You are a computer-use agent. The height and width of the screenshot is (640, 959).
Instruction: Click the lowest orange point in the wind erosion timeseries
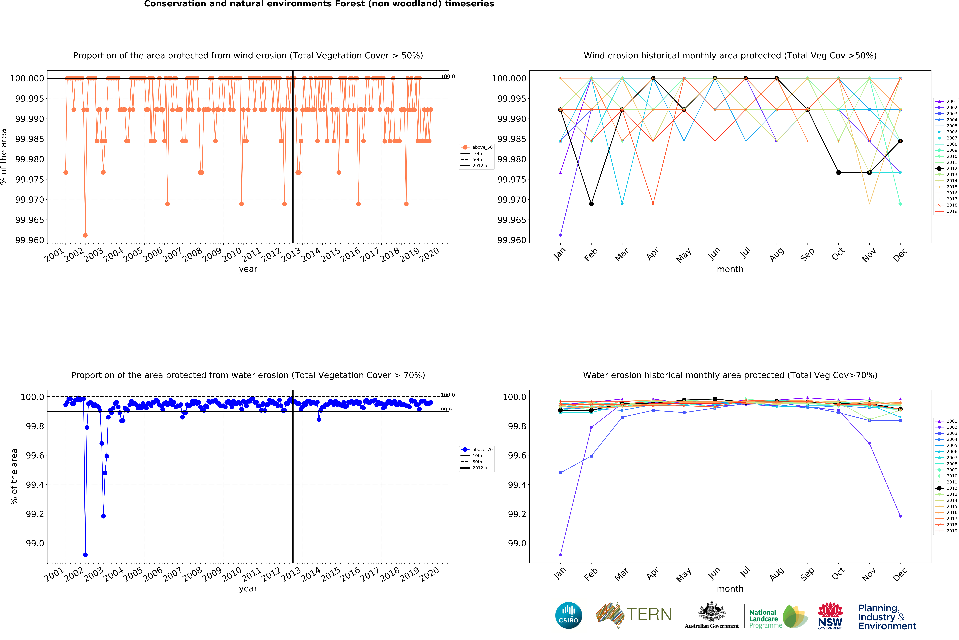[85, 235]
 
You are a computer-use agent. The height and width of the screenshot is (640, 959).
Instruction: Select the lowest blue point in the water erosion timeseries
[85, 555]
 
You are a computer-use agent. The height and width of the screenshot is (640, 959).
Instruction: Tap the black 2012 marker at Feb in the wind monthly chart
[591, 204]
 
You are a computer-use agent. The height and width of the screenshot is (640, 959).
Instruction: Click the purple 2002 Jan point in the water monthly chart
[560, 555]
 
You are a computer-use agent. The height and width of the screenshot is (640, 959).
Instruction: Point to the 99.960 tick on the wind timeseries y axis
[29, 240]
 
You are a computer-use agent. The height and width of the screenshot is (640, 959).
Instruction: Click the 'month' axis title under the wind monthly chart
[730, 269]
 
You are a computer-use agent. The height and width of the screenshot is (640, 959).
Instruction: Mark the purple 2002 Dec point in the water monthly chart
[900, 516]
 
